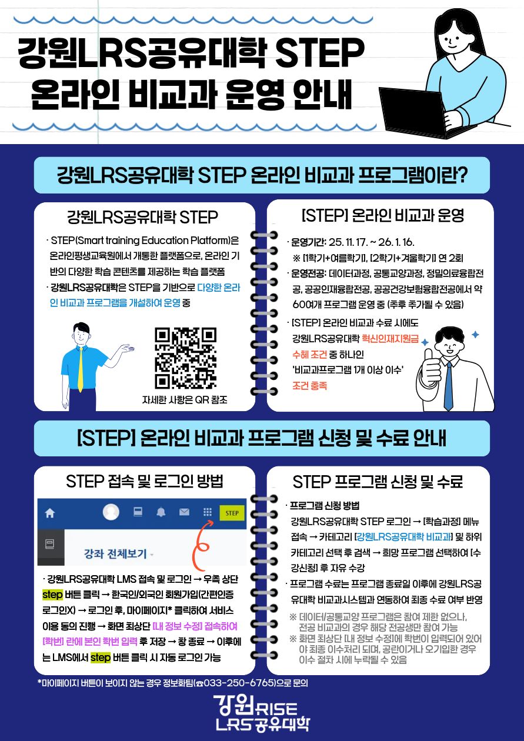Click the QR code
click(x=186, y=358)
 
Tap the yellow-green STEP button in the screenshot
click(x=232, y=513)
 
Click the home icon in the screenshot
click(x=50, y=513)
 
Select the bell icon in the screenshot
click(x=161, y=512)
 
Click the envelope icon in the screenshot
click(x=184, y=512)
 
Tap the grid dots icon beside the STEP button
click(x=208, y=512)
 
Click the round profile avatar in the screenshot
click(x=111, y=512)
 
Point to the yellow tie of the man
click(x=81, y=369)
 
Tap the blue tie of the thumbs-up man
click(x=448, y=386)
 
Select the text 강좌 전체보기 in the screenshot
click(x=115, y=553)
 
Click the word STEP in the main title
click(x=319, y=52)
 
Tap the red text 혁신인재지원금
click(x=391, y=338)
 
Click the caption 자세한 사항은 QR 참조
click(x=185, y=400)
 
